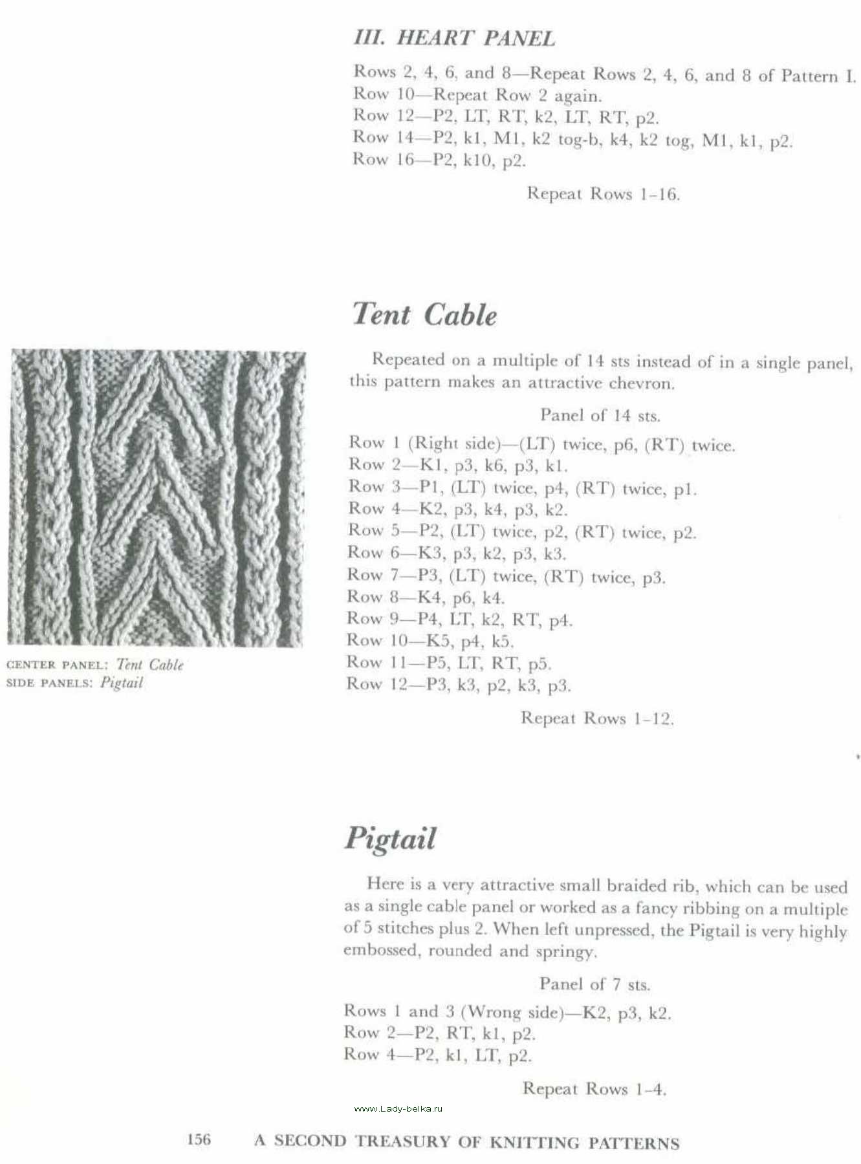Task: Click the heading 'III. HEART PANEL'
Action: [454, 38]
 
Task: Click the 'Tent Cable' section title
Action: [424, 315]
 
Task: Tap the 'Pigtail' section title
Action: [390, 839]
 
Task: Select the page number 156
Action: [199, 1139]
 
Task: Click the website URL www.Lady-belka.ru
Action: [398, 1108]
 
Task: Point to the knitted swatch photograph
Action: [157, 498]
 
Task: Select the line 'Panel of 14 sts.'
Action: [600, 415]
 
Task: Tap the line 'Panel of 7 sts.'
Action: [594, 984]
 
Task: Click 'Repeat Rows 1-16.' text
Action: [603, 194]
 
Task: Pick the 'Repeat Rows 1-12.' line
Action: [597, 718]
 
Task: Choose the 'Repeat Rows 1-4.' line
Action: [594, 1089]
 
